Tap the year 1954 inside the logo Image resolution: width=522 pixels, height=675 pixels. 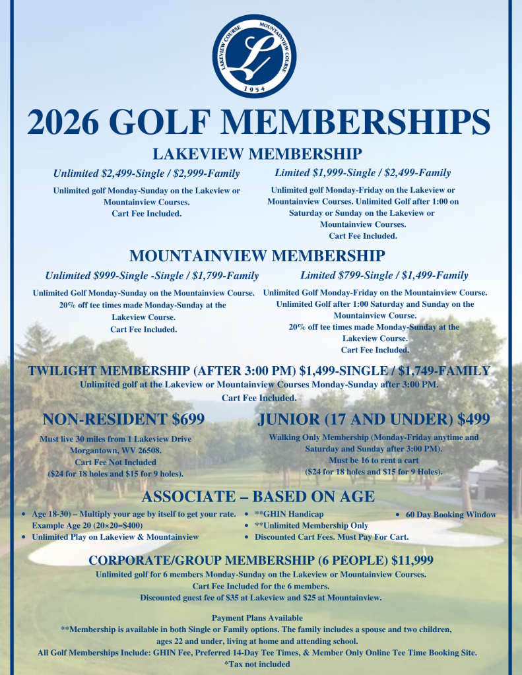click(259, 88)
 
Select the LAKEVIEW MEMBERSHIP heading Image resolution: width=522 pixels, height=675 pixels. click(257, 154)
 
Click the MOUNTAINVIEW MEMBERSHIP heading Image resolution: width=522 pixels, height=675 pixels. click(257, 256)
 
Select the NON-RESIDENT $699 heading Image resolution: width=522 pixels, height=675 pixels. click(123, 420)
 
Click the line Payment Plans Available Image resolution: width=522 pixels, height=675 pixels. click(257, 618)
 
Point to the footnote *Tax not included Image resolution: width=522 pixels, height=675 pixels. click(257, 664)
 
